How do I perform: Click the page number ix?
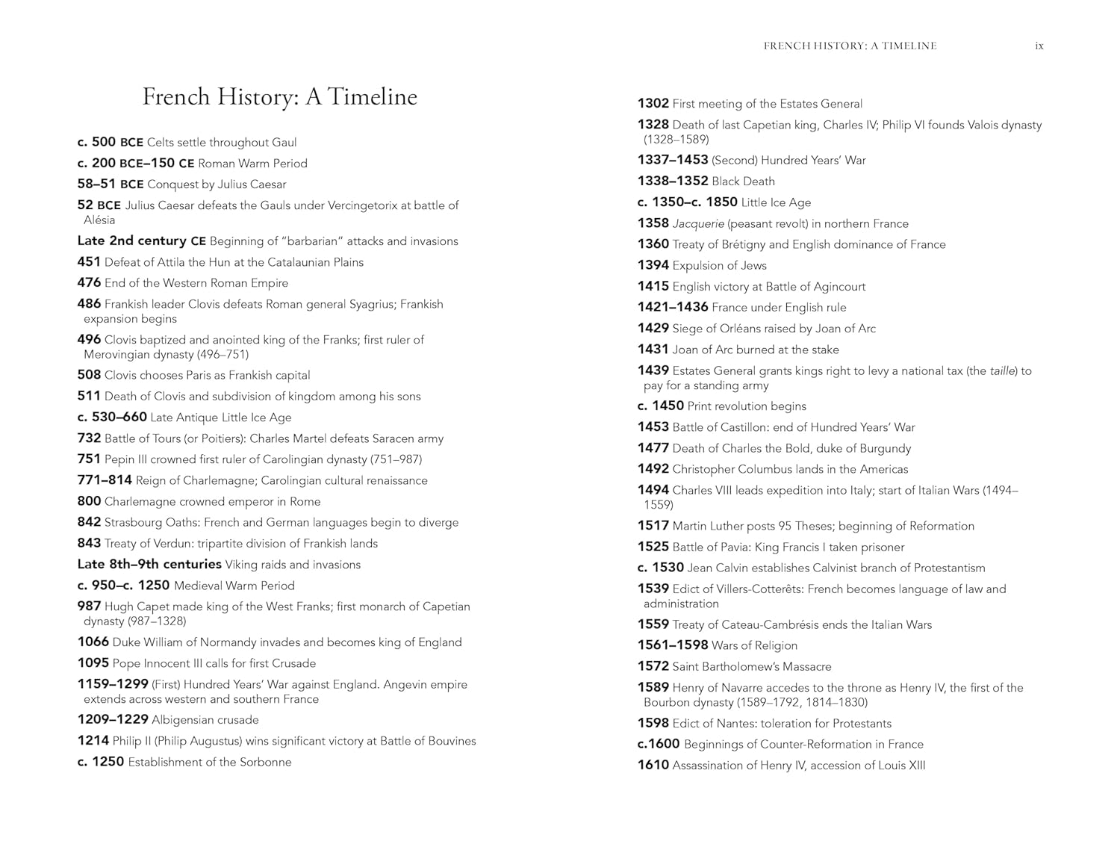point(1039,46)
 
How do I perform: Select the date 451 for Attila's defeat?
point(89,262)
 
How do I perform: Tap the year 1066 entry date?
point(93,642)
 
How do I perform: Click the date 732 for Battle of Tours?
point(89,438)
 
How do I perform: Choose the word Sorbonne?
point(265,763)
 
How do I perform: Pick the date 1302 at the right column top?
point(653,104)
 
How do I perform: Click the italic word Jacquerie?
point(697,224)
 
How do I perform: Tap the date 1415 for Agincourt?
point(653,287)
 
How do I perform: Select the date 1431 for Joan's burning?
point(653,350)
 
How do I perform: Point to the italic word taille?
point(1003,371)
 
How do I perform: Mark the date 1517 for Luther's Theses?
point(653,527)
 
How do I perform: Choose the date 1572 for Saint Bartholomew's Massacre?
point(653,667)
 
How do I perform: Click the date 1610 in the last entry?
point(653,766)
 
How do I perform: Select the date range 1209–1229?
point(113,720)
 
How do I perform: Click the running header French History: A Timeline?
point(850,46)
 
